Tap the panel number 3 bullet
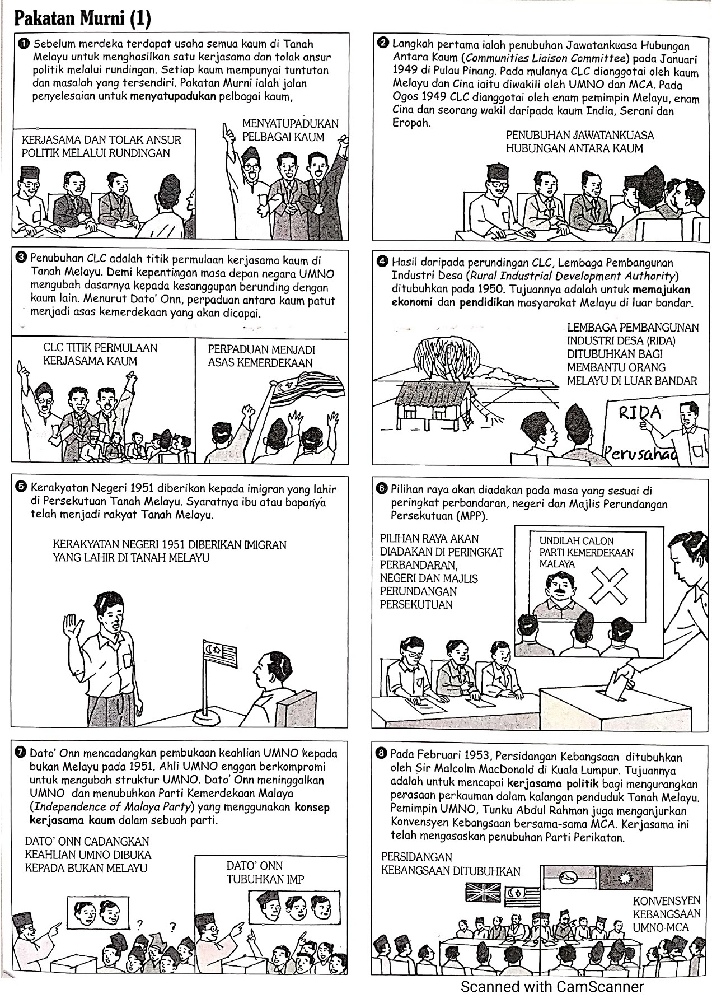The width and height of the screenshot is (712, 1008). [21, 258]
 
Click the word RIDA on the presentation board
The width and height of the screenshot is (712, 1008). [640, 413]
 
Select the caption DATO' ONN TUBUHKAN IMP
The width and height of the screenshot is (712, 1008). [265, 872]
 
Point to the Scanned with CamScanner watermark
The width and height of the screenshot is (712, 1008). [551, 987]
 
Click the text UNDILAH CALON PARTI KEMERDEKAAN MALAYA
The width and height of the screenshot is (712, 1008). [585, 552]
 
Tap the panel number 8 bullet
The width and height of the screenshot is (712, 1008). [382, 754]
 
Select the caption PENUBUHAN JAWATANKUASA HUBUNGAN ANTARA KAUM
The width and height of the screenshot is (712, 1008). [579, 142]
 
